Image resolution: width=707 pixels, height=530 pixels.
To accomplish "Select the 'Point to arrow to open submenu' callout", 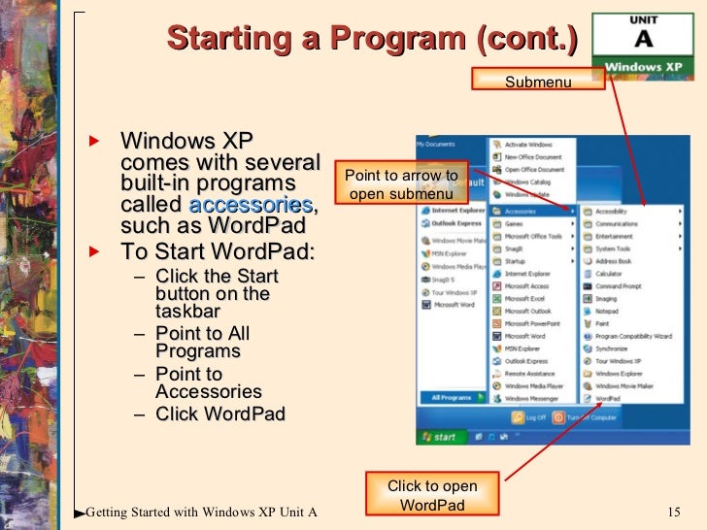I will coord(401,183).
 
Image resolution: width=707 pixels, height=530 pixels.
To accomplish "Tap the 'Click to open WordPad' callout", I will coord(432,495).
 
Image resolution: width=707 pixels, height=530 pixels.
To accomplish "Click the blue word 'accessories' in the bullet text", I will coord(251,206).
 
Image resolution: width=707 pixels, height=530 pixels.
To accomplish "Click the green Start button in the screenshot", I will coord(438,437).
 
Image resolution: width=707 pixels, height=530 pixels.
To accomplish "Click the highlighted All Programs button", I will coord(452,398).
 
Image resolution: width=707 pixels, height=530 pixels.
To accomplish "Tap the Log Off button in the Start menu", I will coord(530,417).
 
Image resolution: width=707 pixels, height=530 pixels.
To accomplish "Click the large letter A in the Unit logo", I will coord(643,40).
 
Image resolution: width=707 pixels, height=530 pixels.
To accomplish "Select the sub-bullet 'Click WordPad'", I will coord(219,414).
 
